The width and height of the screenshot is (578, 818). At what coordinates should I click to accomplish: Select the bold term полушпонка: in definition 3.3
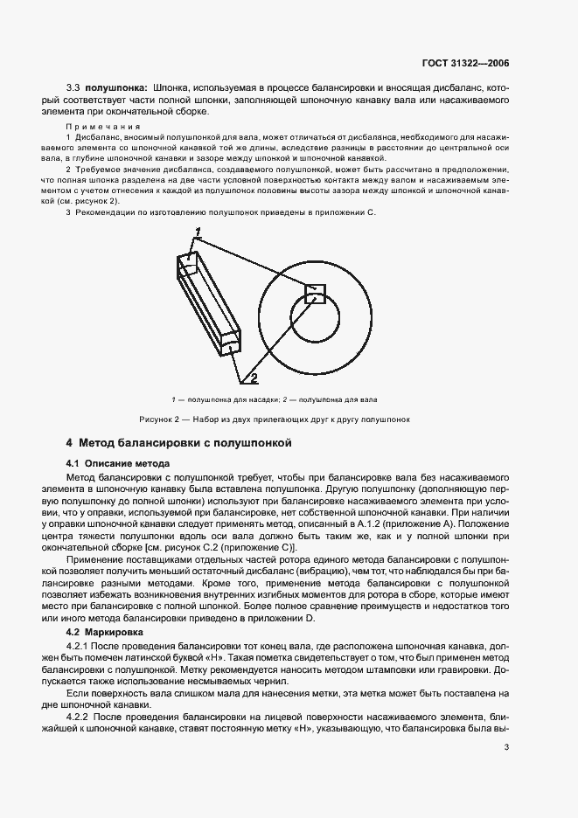(x=116, y=89)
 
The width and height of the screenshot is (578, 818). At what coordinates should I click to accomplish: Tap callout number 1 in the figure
(x=198, y=232)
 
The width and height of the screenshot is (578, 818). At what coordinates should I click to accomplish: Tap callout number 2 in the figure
(x=254, y=378)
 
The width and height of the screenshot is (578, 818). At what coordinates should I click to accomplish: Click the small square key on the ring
(x=315, y=294)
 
